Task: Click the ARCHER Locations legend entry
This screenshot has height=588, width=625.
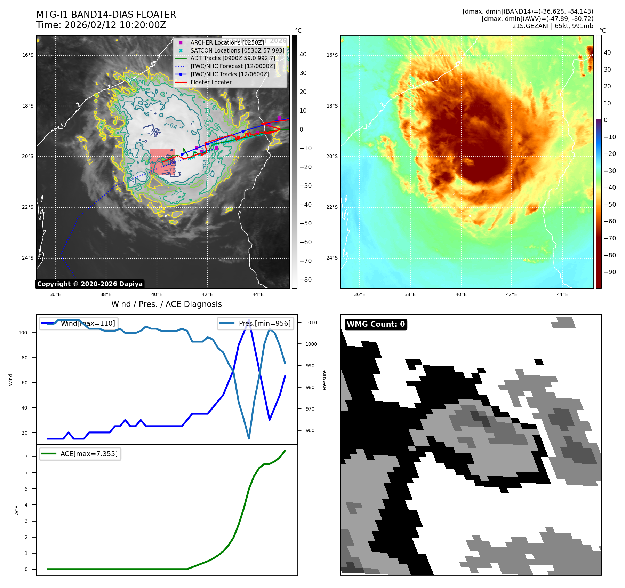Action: point(227,42)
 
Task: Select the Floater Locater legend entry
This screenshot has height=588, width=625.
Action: point(211,82)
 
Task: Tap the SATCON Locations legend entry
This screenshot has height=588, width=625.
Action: point(237,50)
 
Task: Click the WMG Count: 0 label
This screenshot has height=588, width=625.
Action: point(376,324)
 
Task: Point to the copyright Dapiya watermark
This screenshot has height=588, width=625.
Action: point(90,284)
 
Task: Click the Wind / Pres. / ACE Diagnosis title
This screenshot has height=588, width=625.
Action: point(166,304)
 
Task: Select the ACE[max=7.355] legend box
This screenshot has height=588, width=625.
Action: point(80,454)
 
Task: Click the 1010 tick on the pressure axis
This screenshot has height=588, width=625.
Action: point(311,323)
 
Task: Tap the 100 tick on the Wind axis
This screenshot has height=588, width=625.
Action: point(23,333)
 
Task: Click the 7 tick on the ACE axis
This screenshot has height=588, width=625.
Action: point(26,456)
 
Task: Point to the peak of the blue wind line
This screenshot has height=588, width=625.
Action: point(249,320)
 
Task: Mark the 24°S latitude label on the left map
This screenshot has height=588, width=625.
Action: point(28,258)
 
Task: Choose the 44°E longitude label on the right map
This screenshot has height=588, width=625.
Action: point(562,294)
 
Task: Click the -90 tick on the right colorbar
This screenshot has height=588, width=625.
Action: point(610,272)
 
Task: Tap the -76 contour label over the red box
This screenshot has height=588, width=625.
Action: point(171,170)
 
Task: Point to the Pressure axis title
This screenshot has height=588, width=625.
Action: point(324,380)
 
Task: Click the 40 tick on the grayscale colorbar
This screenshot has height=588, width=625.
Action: point(303,54)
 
